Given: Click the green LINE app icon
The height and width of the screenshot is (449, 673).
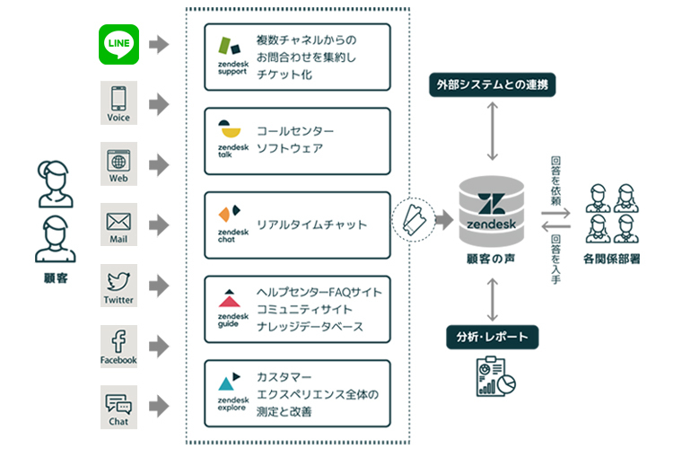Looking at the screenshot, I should point(118,45).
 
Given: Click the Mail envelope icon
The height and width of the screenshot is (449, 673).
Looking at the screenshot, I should point(118,224).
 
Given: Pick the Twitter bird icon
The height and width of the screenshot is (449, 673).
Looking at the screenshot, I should point(118,284).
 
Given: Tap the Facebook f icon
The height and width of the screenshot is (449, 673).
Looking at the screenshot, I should point(118,344).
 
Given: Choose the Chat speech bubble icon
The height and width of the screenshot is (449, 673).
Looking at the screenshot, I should point(118,406).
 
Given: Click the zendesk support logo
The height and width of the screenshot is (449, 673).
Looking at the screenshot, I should point(232,56).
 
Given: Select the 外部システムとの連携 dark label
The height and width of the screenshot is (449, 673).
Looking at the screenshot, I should point(493,87).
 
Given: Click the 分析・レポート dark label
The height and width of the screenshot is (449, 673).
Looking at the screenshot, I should point(493,337).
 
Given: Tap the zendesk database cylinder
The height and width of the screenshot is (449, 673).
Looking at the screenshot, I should point(493,216).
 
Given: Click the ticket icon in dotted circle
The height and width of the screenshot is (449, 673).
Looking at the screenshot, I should point(415,217).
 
